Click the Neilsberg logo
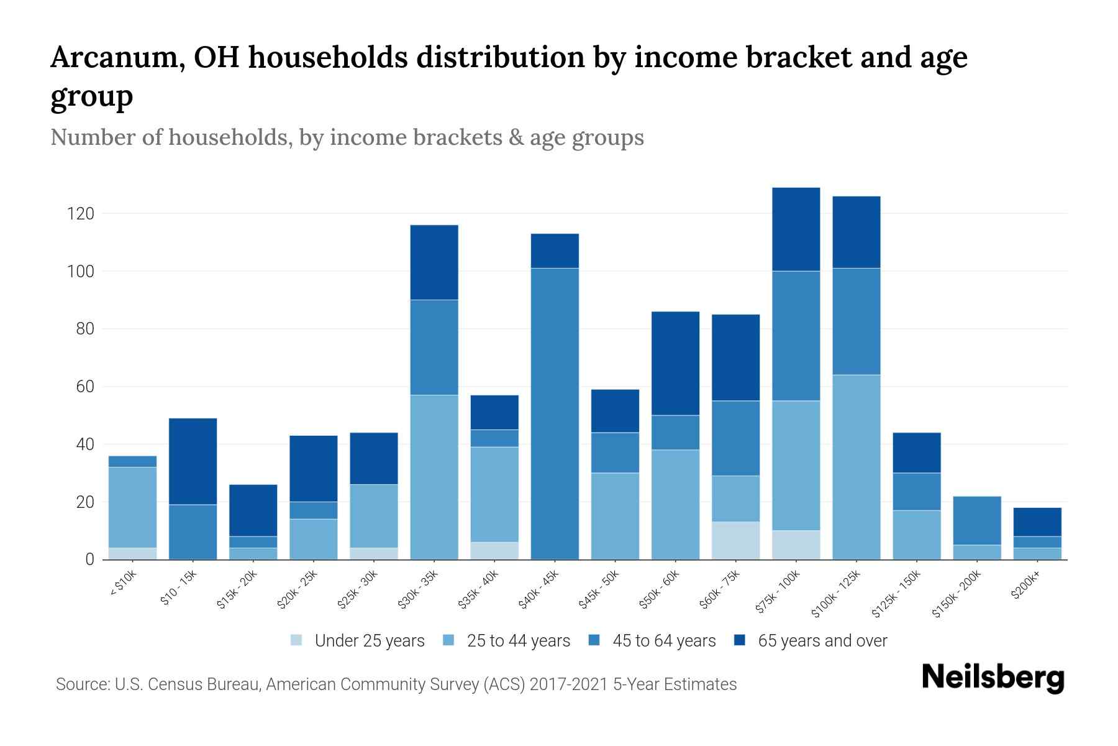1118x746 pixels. point(993,678)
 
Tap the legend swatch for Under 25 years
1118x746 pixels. point(297,640)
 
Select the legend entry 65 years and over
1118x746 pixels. point(822,640)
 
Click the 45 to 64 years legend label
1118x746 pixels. point(663,640)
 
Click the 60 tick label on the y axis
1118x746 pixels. point(85,387)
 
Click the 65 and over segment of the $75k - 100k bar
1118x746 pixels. point(796,229)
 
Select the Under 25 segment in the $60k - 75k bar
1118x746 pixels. point(735,540)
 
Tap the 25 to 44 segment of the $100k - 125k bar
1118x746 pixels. point(856,467)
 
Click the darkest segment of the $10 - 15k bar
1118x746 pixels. point(193,461)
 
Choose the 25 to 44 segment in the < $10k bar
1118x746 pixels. point(132,507)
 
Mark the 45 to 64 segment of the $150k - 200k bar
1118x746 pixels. point(976,520)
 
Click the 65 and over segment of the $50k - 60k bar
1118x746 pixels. point(675,363)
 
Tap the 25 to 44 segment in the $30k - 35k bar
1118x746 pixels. point(434,477)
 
